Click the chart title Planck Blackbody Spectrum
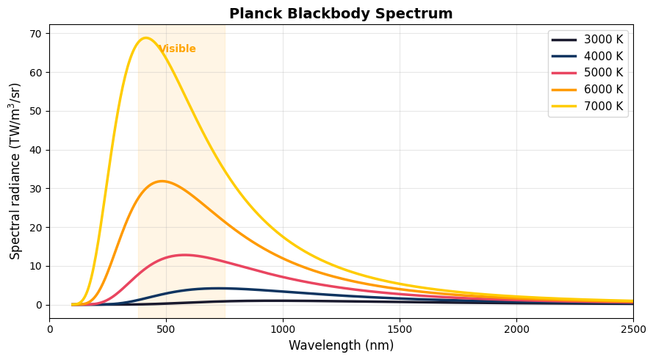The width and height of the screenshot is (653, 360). pos(341,13)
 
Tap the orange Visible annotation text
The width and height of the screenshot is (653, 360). pos(177,49)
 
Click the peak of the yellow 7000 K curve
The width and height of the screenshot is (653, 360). pos(145,38)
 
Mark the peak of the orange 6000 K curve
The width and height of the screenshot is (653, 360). pos(162,181)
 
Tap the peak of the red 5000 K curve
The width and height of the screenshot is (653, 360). pos(184,255)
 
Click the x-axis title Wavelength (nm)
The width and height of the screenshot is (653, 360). pos(341,345)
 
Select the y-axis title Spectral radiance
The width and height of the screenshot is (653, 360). pos(15,170)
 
